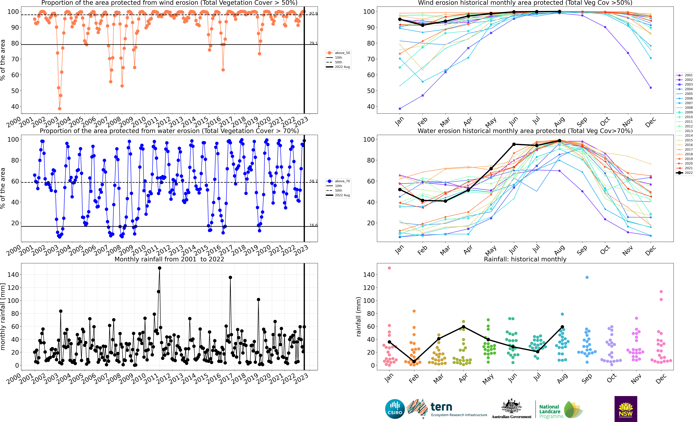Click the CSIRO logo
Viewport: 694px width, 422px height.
point(395,409)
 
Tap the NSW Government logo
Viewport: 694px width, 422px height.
point(626,409)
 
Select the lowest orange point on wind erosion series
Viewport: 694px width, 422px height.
point(59,109)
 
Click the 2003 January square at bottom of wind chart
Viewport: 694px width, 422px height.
point(400,109)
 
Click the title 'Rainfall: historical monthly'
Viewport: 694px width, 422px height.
point(525,259)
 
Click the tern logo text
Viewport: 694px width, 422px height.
point(441,407)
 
